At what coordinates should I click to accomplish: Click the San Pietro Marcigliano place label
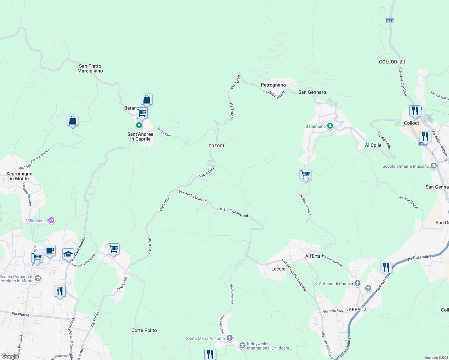pos(90,68)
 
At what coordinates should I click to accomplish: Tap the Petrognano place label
pos(273,85)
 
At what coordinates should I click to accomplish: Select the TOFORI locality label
pos(216,146)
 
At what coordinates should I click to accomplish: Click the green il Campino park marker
pos(330,126)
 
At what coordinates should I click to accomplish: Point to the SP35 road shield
pos(390,21)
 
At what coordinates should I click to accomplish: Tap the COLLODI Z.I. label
pos(393,62)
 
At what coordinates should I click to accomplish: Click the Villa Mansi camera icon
pos(51,221)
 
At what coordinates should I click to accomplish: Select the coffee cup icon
pos(50,250)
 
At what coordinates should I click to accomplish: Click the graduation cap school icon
pos(68,254)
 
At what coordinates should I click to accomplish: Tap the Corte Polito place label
pos(144,330)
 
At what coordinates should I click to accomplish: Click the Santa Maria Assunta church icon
pos(230,338)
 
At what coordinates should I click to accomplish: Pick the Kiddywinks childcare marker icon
pos(242,346)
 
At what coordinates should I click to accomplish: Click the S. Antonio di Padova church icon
pos(357,283)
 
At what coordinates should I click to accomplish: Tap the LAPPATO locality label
pos(356,309)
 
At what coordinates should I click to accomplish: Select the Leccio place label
pos(278,269)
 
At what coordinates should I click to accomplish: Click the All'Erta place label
pos(312,256)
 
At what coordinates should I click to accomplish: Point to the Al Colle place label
pos(373,145)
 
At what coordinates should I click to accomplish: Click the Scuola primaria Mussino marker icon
pos(433,166)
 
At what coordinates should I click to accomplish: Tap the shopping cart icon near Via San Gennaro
pos(305,174)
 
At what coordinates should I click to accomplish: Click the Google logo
pos(10,356)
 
